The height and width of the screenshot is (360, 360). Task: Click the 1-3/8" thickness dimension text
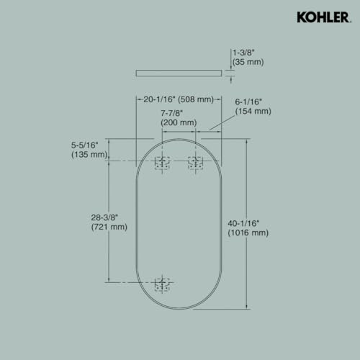[x=245, y=52]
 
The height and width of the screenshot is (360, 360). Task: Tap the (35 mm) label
[x=248, y=62]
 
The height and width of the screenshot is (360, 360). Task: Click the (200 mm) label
[x=178, y=122]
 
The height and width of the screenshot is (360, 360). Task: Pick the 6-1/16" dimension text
[x=252, y=102]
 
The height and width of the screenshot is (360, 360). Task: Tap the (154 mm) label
[x=253, y=112]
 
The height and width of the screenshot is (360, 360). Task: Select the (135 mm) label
[x=89, y=154]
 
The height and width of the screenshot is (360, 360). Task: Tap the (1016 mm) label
[x=248, y=233]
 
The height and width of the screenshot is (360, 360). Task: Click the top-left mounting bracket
[x=163, y=162]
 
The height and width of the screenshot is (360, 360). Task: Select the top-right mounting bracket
[x=194, y=162]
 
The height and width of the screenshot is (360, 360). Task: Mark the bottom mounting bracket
[x=163, y=284]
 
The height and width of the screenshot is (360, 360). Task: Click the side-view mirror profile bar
[x=179, y=72]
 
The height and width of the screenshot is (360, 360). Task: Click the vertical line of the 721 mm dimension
[x=109, y=187]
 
